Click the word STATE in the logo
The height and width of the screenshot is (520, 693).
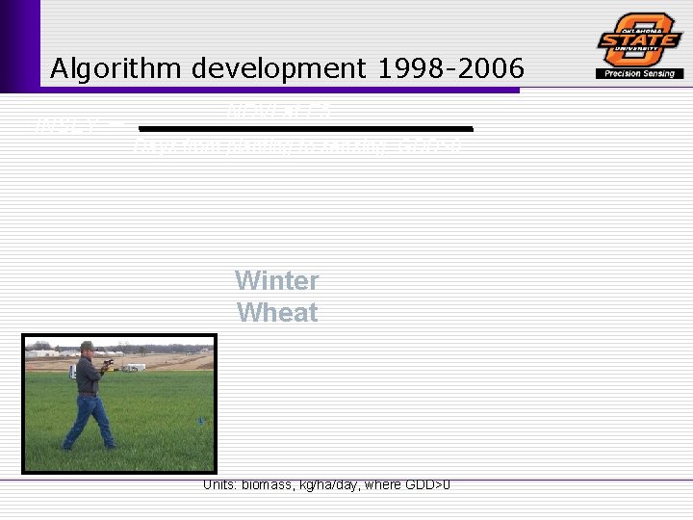(x=639, y=39)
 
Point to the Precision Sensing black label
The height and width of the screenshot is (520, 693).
(x=639, y=73)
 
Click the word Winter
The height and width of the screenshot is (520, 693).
(x=276, y=280)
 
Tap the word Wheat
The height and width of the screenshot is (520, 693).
(x=276, y=313)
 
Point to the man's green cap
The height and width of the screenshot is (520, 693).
(x=87, y=345)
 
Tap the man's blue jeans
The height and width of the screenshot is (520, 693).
(x=89, y=419)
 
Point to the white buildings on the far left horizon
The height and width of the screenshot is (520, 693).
(x=44, y=353)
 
